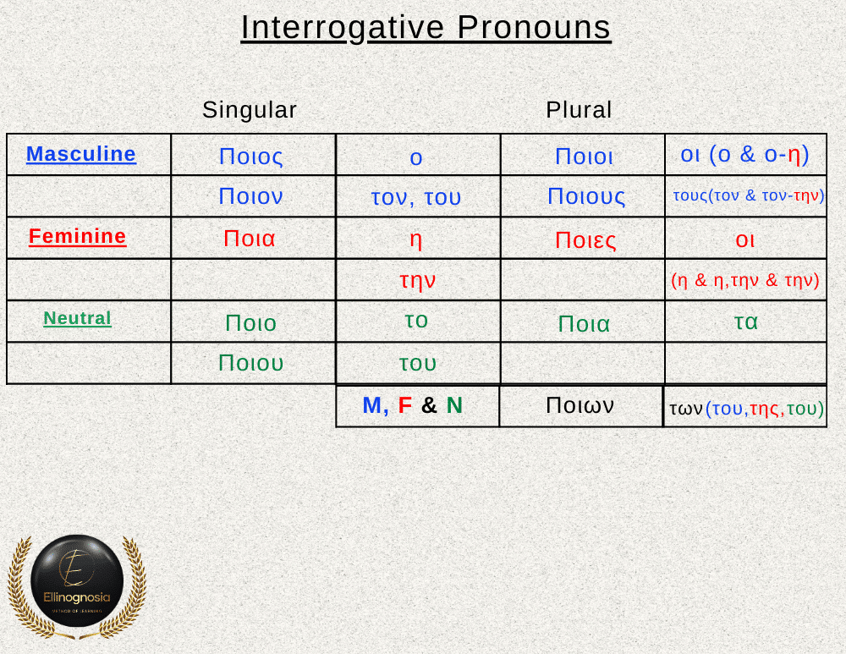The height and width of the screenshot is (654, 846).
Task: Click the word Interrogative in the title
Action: tap(343, 28)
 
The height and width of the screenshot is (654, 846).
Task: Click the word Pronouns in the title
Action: tap(534, 28)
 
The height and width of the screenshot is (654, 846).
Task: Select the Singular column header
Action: tap(250, 110)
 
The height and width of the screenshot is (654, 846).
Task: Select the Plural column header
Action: tap(579, 110)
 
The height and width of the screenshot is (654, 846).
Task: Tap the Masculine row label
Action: tap(81, 154)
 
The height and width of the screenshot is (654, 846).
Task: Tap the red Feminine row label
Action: tap(77, 236)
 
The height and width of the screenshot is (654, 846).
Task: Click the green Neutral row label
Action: tap(77, 318)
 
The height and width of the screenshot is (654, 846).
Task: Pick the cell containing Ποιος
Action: tap(253, 155)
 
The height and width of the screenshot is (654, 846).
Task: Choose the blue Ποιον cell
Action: tap(253, 196)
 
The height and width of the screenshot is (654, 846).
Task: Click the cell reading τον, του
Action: tap(418, 196)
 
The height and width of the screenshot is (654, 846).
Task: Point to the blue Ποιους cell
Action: tap(583, 196)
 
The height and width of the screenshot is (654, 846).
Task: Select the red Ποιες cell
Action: tap(583, 238)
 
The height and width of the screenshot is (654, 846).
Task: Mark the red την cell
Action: tap(418, 280)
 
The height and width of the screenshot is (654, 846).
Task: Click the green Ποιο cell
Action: tap(253, 322)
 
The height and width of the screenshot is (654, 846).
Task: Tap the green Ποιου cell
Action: tap(253, 363)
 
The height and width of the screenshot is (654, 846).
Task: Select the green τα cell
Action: tap(745, 322)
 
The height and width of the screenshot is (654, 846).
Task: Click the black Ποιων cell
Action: tap(581, 406)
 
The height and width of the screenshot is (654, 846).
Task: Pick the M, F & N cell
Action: tap(418, 406)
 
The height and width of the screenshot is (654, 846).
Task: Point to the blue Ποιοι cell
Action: tap(583, 155)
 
